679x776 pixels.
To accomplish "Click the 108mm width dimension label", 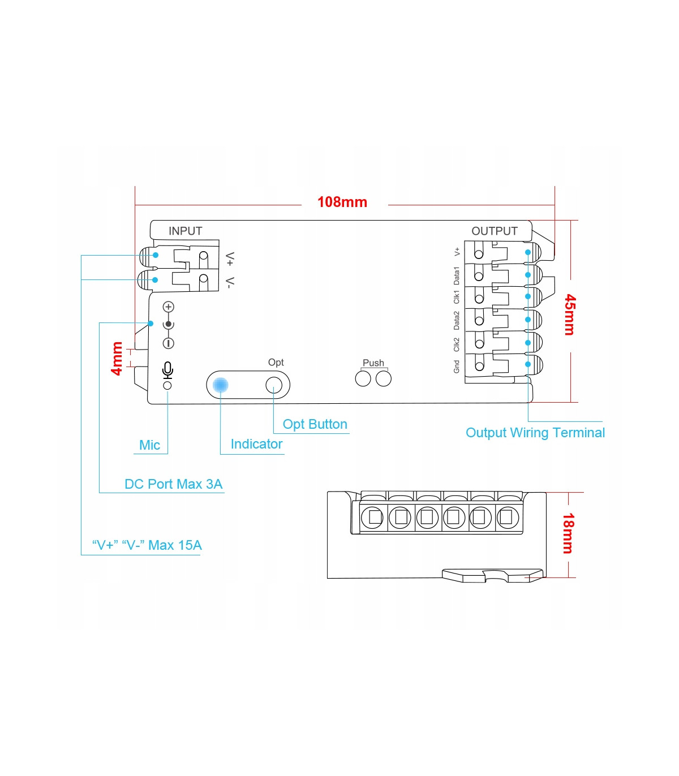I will tap(342, 202).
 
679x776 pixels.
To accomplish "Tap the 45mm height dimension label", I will tap(570, 314).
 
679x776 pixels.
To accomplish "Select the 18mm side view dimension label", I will tap(568, 533).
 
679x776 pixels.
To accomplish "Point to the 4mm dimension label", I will tap(117, 358).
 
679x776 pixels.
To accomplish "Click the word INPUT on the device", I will tap(185, 231).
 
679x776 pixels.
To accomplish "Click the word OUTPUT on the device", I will tap(495, 231).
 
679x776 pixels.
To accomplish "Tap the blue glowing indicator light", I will tap(220, 385).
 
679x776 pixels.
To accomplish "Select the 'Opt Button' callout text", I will tap(315, 424).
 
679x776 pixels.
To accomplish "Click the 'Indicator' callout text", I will tap(256, 444).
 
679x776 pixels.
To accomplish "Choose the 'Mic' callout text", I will tap(149, 445).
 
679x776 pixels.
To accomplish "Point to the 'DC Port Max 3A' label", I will tap(173, 484).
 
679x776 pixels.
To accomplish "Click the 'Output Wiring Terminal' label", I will tap(535, 433).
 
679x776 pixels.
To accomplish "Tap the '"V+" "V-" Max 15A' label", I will tap(147, 545).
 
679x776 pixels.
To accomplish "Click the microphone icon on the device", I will tap(167, 370).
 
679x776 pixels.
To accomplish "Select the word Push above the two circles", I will tap(373, 363).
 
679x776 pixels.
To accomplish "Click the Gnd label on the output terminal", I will tap(457, 367).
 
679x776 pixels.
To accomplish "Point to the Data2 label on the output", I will tap(457, 320).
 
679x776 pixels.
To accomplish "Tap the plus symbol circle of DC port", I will tap(168, 307).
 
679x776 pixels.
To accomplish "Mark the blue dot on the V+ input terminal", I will tap(156, 255).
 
